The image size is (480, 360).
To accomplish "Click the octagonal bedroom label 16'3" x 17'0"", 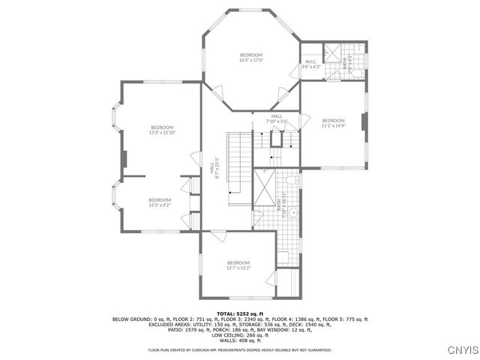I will (251, 57).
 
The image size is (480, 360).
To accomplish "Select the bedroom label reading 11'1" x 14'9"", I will (333, 123).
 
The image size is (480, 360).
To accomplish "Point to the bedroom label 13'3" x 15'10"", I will (162, 130).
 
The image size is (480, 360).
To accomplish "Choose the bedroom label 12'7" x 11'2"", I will (238, 265).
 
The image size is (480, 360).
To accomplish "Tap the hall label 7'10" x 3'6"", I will (277, 118).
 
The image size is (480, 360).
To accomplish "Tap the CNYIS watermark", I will (460, 349).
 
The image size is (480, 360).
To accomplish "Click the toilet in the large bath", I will (293, 181).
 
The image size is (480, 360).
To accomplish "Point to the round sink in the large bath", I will (295, 213).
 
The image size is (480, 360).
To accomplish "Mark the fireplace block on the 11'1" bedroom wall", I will (364, 122).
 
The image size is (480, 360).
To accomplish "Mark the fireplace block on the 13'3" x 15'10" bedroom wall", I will (125, 160).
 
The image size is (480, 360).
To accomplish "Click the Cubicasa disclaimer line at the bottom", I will (240, 349).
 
